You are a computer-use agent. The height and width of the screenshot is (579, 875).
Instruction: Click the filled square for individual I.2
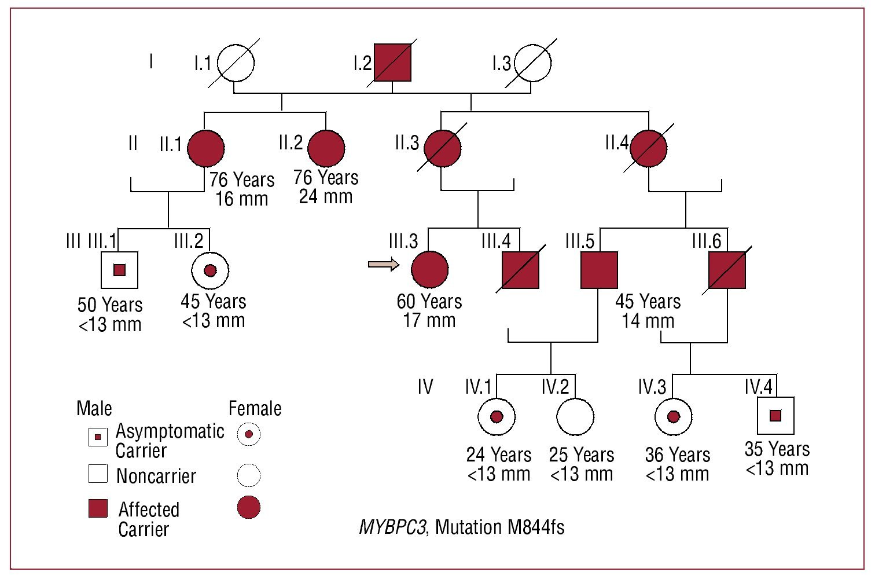[392, 63]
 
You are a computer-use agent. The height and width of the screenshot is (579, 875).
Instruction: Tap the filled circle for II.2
[326, 148]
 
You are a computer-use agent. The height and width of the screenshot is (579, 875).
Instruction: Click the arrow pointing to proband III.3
[384, 265]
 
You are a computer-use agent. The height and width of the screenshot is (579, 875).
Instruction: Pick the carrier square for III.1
[119, 270]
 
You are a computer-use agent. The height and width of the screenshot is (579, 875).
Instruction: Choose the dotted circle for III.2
[210, 270]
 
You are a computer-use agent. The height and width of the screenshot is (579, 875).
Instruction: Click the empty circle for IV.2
[575, 417]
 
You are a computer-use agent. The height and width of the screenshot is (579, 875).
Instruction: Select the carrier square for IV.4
[775, 416]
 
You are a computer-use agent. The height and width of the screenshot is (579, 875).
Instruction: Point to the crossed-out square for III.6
[727, 270]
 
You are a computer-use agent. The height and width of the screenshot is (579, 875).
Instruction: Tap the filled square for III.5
[599, 270]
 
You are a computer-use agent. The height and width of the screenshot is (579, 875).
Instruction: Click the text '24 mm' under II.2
[326, 196]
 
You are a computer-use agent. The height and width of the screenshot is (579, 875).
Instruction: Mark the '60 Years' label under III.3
[429, 301]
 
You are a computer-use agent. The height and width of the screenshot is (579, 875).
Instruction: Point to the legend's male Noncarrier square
[98, 474]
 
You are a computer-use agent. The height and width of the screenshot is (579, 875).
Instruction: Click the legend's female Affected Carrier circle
[248, 508]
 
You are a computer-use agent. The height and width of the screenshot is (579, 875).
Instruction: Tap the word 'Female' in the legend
[255, 408]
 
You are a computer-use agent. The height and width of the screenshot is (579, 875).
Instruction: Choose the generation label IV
[425, 387]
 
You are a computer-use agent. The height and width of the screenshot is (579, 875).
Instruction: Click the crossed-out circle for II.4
[648, 148]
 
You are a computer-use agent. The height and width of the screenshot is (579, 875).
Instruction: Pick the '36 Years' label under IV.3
[678, 455]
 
